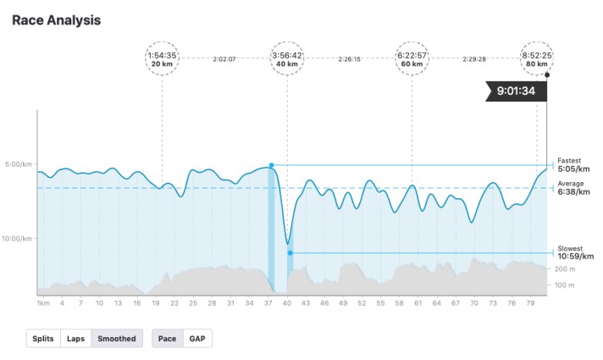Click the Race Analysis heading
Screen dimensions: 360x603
click(56, 19)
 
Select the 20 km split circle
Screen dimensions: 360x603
click(162, 58)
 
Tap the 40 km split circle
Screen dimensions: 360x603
click(286, 58)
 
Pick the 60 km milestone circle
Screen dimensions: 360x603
click(412, 58)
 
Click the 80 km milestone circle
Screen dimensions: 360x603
click(537, 58)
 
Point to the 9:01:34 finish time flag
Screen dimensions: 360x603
click(517, 91)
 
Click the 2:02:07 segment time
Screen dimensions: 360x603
click(224, 59)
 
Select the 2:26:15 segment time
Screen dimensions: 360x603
click(349, 59)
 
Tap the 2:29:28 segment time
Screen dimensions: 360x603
click(474, 59)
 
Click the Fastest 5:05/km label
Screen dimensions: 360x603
click(573, 165)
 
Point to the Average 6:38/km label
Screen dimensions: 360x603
click(573, 188)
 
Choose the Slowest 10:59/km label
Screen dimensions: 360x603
click(575, 252)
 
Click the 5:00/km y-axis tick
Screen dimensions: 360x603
click(18, 164)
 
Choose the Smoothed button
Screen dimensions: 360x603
click(117, 339)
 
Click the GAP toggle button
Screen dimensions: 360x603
click(196, 339)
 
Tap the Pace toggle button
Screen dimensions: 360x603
click(168, 339)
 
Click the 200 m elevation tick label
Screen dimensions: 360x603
click(565, 269)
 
